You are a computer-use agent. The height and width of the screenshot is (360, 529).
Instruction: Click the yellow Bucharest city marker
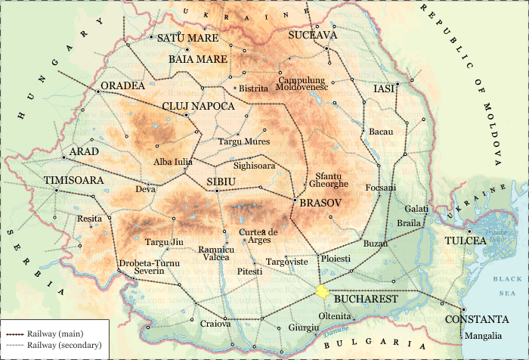323,291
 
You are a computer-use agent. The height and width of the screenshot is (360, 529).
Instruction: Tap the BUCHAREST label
365,299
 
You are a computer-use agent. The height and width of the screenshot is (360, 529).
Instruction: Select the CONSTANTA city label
476,319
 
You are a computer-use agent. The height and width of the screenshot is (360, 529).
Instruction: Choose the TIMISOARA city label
73,181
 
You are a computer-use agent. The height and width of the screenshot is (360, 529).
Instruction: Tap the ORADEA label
122,85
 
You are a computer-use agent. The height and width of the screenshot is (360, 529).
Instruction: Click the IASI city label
385,88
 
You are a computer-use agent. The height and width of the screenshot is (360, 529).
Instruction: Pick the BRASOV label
321,204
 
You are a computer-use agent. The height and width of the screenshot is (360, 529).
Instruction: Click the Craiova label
215,324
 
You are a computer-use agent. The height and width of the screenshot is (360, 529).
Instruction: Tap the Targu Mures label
243,141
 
